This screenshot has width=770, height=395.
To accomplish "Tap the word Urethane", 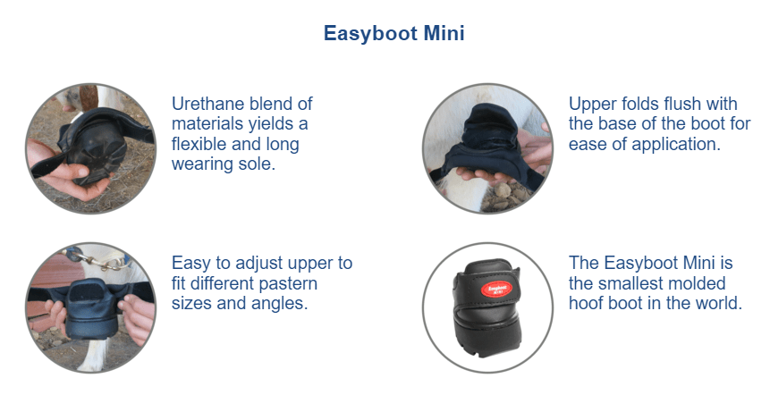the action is coord(207,104).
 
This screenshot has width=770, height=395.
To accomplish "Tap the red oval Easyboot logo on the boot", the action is coord(496,289).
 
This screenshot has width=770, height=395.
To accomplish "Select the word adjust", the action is coord(261,264).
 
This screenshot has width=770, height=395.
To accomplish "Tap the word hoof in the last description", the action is coord(587,303).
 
